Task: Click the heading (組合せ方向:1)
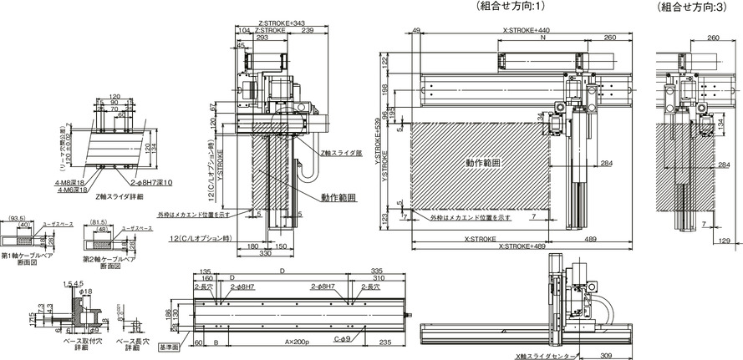click(x=509, y=6)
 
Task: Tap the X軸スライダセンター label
click(x=544, y=356)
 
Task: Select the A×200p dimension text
click(x=295, y=342)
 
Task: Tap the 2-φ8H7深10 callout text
click(x=150, y=181)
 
